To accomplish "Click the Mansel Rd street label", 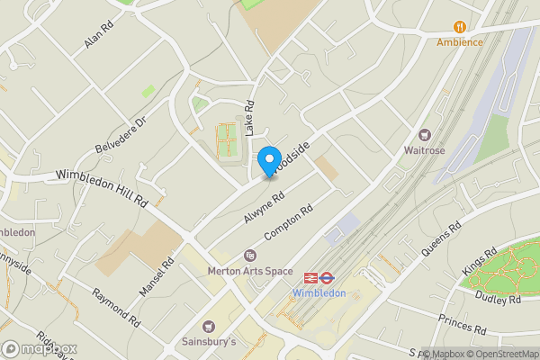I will (x=156, y=279).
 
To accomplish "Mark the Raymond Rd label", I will (x=116, y=308).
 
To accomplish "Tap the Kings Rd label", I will (x=478, y=264).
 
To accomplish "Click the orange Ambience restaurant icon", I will (x=461, y=26).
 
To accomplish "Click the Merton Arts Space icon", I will (x=250, y=256).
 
